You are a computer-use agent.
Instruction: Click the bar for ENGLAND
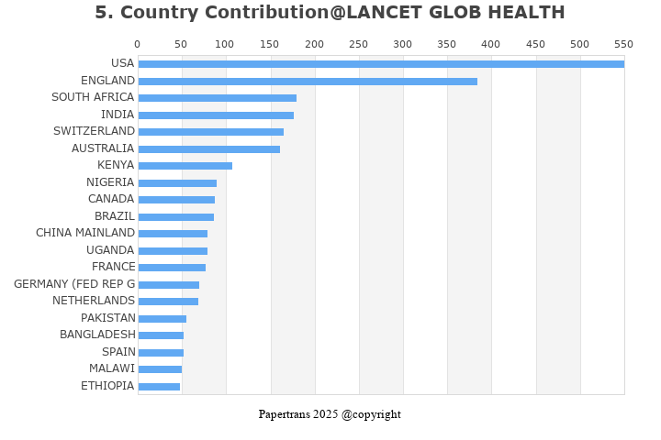pyautogui.click(x=308, y=82)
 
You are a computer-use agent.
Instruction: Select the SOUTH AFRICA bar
pyautogui.click(x=218, y=98)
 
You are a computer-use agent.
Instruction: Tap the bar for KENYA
pyautogui.click(x=185, y=166)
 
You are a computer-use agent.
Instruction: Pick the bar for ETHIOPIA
pyautogui.click(x=159, y=387)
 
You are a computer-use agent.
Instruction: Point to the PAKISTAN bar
pyautogui.click(x=162, y=319)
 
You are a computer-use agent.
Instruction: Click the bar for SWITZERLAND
pyautogui.click(x=211, y=132)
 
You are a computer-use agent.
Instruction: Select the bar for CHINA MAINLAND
pyautogui.click(x=173, y=234)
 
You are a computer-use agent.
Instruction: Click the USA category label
pyautogui.click(x=122, y=63)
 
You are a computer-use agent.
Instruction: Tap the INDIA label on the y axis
pyautogui.click(x=118, y=115)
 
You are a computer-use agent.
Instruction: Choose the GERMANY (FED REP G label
pyautogui.click(x=74, y=284)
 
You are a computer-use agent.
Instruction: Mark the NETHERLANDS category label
pyautogui.click(x=94, y=301)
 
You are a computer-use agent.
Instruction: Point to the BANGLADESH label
pyautogui.click(x=97, y=335)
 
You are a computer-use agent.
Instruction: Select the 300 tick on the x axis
pyautogui.click(x=402, y=44)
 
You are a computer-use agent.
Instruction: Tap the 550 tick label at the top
pyautogui.click(x=623, y=44)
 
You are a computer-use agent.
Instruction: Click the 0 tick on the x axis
pyautogui.click(x=138, y=44)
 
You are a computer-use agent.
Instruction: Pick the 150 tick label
pyautogui.click(x=270, y=44)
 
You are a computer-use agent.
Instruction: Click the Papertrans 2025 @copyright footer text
pyautogui.click(x=330, y=414)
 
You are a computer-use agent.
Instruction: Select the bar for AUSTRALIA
pyautogui.click(x=209, y=149)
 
